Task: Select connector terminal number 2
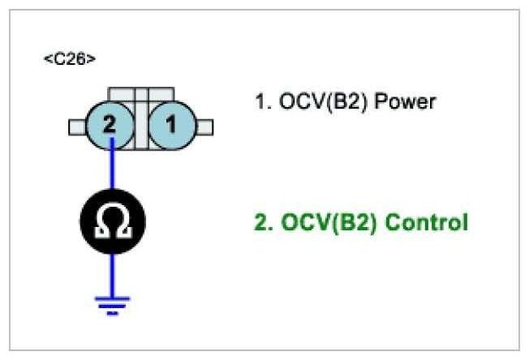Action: coord(112,126)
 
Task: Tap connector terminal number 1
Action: coord(171,126)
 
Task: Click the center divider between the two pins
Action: coord(142,122)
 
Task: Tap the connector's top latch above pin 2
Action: coord(123,93)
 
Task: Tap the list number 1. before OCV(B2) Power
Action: coord(262,103)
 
